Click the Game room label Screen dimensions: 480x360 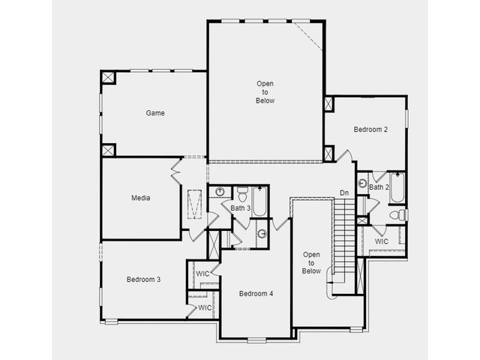point(155,113)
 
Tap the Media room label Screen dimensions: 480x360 point(141,198)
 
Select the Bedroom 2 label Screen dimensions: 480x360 point(370,130)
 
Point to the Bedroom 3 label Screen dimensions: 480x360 point(143,280)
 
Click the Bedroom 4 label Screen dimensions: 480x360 point(256,293)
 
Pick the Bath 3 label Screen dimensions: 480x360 point(241,208)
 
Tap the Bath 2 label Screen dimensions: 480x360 point(379,187)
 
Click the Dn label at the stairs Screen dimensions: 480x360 point(344,193)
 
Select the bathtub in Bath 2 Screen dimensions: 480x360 point(397,187)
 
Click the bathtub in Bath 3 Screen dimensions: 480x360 point(260,202)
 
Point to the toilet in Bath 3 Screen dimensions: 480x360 point(242,194)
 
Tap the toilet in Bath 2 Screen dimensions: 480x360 point(399,214)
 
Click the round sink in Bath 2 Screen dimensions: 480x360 point(362,184)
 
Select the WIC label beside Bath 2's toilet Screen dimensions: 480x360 point(382,241)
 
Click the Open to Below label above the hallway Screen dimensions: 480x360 point(265,91)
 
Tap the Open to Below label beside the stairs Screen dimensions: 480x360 point(311,262)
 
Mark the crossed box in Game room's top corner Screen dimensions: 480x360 point(108,77)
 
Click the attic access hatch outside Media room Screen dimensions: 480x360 point(195,204)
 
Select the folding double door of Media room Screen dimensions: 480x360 point(176,172)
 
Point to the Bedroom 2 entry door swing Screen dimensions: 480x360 point(345,156)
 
